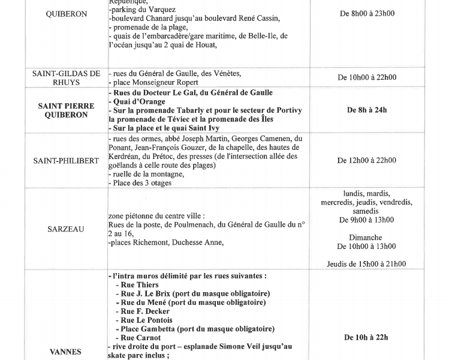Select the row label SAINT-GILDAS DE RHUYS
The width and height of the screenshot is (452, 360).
(x=66, y=77)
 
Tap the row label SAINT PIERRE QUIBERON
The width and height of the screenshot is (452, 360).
(x=65, y=110)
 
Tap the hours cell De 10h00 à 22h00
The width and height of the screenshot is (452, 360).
(x=366, y=77)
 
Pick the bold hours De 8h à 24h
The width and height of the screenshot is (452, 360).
(x=366, y=110)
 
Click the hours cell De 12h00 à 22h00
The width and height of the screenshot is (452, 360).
(x=366, y=160)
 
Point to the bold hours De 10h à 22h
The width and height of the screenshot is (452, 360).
(x=366, y=337)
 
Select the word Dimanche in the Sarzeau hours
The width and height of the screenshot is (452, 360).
(x=366, y=237)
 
